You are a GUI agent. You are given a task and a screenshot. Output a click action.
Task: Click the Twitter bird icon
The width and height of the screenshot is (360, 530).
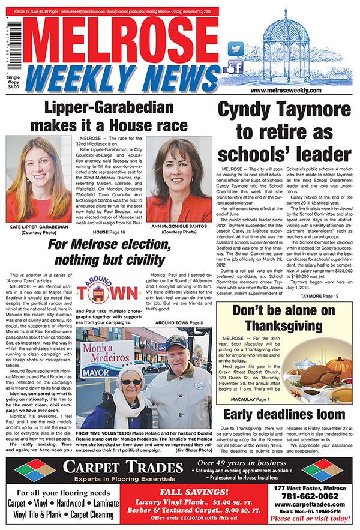pyautogui.click(x=236, y=47)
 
